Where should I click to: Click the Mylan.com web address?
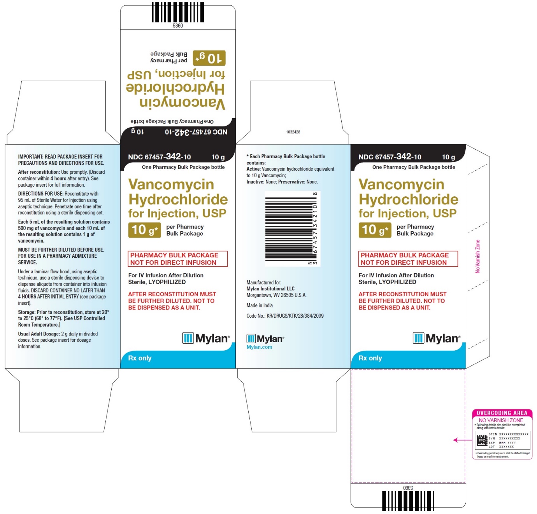point(259,347)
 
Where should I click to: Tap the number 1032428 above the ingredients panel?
point(293,132)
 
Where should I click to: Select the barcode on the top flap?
point(177,13)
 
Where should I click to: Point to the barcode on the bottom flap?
point(408,501)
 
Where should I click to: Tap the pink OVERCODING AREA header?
point(502,413)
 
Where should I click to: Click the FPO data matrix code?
point(482,441)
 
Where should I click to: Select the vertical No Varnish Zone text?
point(478,256)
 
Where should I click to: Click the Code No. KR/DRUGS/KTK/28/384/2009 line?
point(285,316)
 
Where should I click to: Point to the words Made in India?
point(260,306)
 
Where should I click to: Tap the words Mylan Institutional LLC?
point(270,288)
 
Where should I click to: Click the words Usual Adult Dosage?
point(39,334)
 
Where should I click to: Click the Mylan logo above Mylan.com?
point(265,339)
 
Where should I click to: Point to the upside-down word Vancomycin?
point(183,103)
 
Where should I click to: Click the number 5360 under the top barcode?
point(178,26)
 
